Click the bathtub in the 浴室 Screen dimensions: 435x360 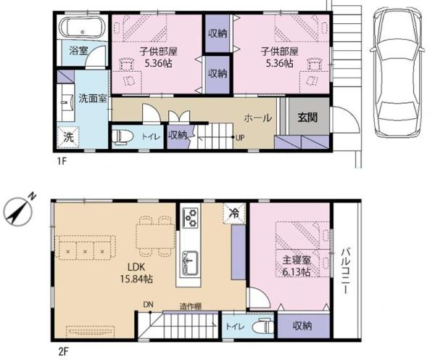tap(83, 27)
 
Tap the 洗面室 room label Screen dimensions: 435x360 tap(93, 98)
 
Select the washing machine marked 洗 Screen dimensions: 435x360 tap(68, 137)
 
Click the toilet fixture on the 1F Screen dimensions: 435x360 tap(123, 136)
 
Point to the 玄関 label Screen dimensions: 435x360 tap(307, 118)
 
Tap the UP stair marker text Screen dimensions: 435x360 tap(240, 137)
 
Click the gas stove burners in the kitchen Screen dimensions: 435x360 tap(191, 218)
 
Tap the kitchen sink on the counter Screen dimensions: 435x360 tap(190, 264)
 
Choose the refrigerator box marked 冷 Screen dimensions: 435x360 tap(234, 213)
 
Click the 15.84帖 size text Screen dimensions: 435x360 tap(136, 279)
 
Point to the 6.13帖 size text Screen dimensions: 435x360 tap(297, 272)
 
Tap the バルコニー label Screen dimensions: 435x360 tap(345, 271)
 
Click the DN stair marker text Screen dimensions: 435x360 tap(148, 304)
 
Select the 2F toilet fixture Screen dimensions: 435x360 tap(263, 327)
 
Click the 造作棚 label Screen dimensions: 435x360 tap(190, 306)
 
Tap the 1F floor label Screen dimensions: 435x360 tap(62, 161)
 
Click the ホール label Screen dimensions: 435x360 tap(257, 118)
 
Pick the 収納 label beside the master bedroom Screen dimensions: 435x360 tap(302, 326)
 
